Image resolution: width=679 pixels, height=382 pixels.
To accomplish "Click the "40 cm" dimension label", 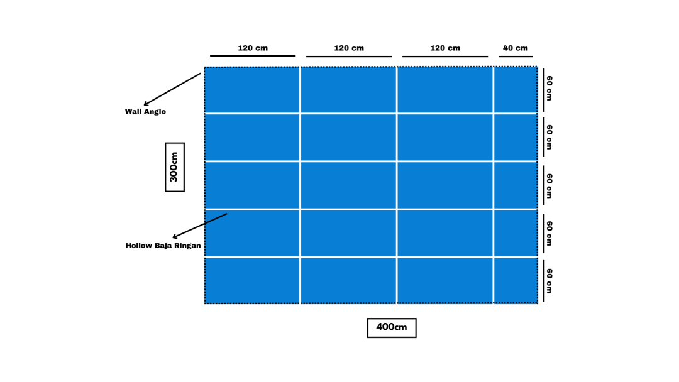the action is pos(516,48).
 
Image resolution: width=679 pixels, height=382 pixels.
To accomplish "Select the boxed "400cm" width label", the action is pos(392,327).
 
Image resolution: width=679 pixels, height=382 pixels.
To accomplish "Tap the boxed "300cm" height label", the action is pos(175,167).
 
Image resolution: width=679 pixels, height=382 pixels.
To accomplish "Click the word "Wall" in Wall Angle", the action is pos(133,111).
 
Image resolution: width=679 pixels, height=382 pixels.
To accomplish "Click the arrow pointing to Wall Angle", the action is pos(172,90).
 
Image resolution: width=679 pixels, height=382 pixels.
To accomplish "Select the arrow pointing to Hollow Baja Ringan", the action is pos(200,226).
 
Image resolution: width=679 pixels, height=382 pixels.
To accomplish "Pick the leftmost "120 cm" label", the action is pos(253,48).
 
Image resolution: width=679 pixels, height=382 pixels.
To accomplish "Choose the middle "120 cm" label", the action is pos(348,48).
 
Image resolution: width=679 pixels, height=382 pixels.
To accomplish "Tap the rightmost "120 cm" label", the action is pos(444,48).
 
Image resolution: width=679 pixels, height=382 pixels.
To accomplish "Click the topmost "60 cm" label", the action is pos(549,88).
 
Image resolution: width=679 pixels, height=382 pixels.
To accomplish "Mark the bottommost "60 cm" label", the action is pos(549,281).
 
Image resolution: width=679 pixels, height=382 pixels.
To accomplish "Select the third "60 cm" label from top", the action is pos(549,185).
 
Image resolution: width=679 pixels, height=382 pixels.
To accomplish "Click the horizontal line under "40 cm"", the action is pos(516,57).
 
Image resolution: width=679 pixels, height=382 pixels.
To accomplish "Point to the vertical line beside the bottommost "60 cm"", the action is pos(544,281).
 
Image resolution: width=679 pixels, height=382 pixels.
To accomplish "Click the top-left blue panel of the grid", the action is pos(252,90).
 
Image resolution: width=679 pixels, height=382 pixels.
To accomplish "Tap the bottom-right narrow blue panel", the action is pos(516,280).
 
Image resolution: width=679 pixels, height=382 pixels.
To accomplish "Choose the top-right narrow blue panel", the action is pos(516,90).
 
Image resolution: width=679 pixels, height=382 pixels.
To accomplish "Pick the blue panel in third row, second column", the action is pos(348,185).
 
